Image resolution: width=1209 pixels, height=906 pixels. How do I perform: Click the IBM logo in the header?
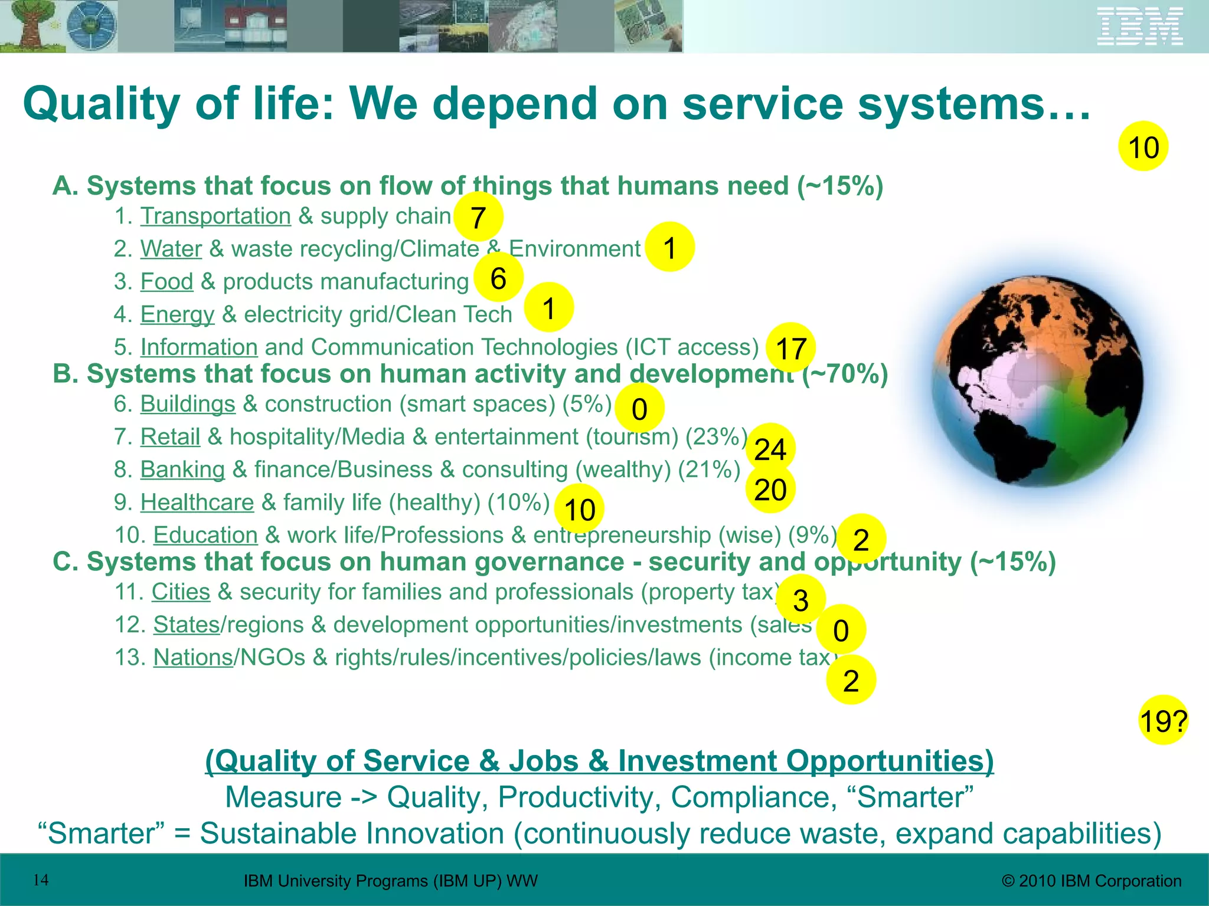[1140, 27]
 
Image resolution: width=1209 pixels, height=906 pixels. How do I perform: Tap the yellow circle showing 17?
[790, 348]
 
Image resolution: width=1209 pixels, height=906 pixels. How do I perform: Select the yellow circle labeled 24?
[770, 449]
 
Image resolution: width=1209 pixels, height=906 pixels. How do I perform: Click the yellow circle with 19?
[1163, 720]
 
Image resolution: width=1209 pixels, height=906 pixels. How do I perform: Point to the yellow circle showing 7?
[478, 217]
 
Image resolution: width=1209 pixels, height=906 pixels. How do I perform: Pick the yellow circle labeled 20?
[770, 489]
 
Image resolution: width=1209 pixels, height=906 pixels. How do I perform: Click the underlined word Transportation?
[215, 216]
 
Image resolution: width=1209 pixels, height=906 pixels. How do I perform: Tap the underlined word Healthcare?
[197, 503]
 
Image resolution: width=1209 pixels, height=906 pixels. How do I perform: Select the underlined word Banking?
[182, 470]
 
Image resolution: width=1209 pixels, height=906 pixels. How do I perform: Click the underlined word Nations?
[193, 658]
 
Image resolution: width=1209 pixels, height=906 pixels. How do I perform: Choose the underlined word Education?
[205, 535]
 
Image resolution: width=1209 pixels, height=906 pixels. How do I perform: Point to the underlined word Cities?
[181, 592]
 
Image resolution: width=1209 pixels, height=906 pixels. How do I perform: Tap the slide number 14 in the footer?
[41, 881]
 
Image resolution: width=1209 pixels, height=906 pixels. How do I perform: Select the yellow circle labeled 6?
[498, 278]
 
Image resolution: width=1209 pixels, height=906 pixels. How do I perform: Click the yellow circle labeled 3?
[800, 600]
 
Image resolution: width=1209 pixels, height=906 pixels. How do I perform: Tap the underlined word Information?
[199, 347]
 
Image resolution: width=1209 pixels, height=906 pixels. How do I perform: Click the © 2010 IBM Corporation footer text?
[1092, 881]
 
